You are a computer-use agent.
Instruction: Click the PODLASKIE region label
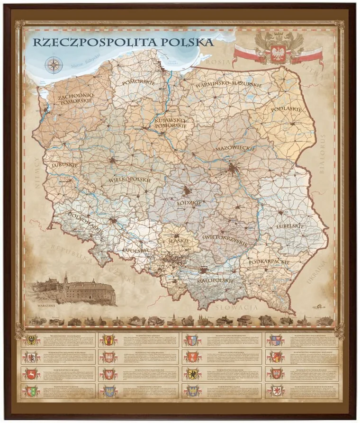coord(287,109)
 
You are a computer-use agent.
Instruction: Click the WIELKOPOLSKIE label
coord(130,180)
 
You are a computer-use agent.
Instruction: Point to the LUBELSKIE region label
coord(289,226)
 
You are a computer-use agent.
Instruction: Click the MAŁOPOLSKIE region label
coord(215,281)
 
